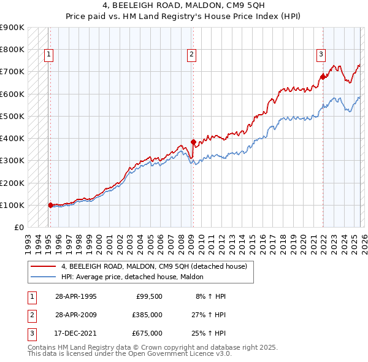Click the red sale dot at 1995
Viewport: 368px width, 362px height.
(50, 205)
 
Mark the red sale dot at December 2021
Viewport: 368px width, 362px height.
(323, 77)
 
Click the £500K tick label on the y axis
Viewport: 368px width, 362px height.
(12, 116)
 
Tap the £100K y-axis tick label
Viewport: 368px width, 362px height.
(12, 205)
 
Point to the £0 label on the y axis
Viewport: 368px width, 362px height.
(18, 227)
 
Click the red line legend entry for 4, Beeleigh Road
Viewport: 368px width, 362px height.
(153, 266)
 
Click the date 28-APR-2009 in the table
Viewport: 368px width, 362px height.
(75, 315)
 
